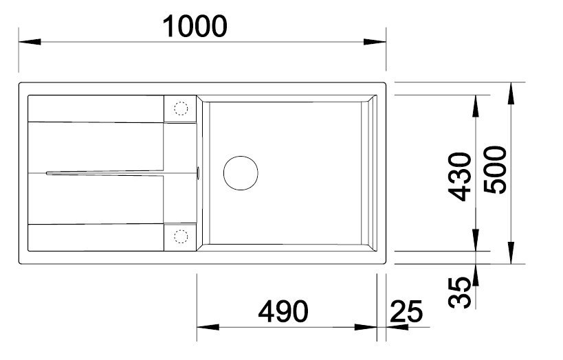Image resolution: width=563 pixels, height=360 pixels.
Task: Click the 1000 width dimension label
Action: click(x=195, y=26)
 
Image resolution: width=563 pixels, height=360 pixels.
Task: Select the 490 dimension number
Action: click(x=283, y=313)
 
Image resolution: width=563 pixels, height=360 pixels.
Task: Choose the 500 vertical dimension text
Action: click(x=496, y=170)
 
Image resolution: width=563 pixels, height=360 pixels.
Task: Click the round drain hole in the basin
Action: click(x=240, y=172)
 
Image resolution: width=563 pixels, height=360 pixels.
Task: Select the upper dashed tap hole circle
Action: click(x=180, y=108)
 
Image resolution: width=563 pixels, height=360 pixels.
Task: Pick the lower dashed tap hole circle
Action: click(x=180, y=236)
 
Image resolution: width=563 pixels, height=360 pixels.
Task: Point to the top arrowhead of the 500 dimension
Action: click(x=513, y=92)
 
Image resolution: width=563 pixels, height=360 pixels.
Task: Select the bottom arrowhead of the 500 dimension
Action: click(x=513, y=256)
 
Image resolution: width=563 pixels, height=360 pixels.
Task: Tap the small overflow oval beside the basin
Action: click(x=198, y=172)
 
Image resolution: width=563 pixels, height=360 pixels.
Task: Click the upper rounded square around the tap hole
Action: click(x=180, y=108)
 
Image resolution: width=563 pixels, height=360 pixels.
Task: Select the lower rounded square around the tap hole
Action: click(x=180, y=236)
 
